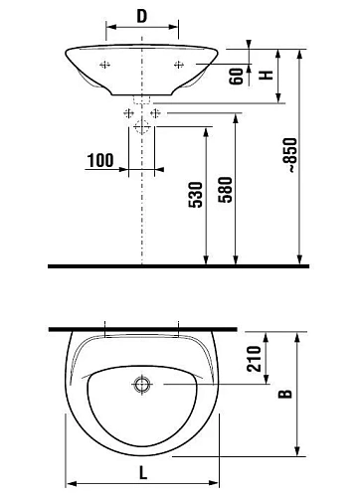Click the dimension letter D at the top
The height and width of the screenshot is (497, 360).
(142, 16)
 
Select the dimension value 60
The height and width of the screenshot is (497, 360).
(237, 77)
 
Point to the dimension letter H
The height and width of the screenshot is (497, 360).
(266, 75)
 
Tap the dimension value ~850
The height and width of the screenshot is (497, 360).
(291, 155)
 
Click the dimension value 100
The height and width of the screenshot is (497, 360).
(100, 160)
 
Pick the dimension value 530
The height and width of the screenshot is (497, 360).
(195, 195)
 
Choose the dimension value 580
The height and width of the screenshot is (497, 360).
(226, 190)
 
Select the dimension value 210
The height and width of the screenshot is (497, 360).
(255, 359)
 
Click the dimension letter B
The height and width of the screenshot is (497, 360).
(285, 394)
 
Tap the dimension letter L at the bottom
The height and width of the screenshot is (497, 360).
(143, 472)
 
